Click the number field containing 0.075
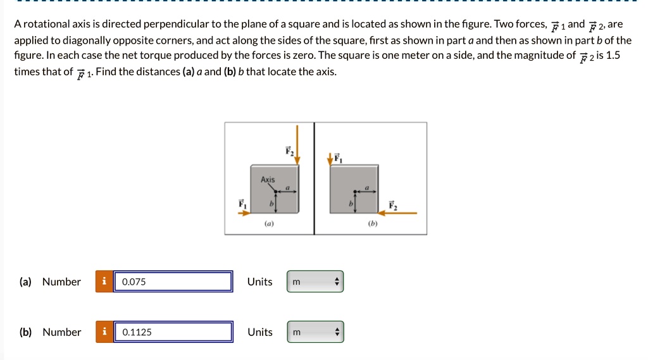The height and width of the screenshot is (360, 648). [173, 282]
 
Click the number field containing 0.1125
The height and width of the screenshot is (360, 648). [173, 332]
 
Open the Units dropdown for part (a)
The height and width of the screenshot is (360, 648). [315, 282]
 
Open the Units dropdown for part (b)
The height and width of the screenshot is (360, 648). [315, 332]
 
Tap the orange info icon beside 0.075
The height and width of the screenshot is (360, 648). [104, 282]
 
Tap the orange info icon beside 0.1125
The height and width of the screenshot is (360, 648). [104, 332]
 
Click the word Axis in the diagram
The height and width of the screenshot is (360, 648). [268, 180]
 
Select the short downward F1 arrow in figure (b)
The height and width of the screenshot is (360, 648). [330, 159]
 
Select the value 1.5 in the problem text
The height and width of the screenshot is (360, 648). [613, 55]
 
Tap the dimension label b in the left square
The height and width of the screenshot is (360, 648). [271, 203]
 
